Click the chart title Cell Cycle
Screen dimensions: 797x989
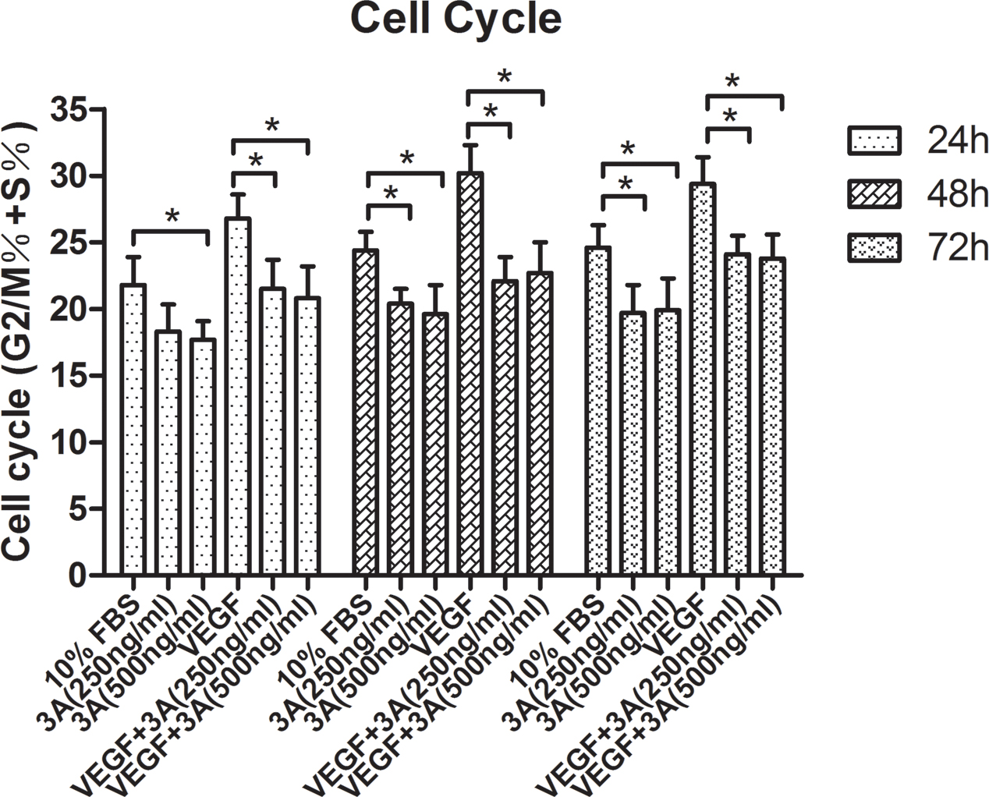click(x=456, y=20)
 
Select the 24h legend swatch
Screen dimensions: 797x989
click(x=874, y=142)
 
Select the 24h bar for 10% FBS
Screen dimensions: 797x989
click(x=133, y=430)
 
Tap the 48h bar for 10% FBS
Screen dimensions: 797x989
click(x=366, y=413)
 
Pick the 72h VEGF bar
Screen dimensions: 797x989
click(x=704, y=379)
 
